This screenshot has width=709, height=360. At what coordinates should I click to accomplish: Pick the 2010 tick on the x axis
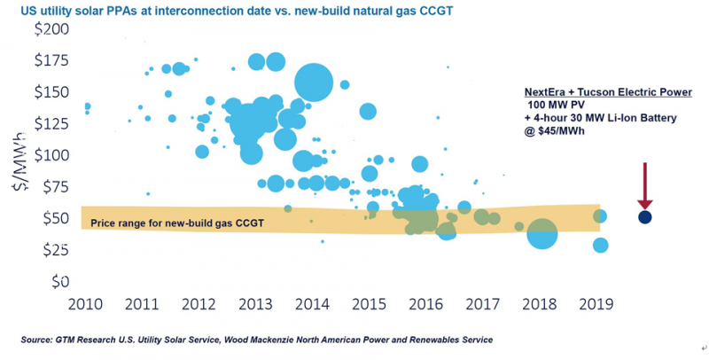pos(87,304)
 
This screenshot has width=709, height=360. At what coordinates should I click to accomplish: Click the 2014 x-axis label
pos(313,304)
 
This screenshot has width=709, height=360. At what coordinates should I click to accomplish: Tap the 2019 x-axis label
pos(596,304)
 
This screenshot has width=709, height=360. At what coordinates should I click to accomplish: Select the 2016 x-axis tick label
pos(426,304)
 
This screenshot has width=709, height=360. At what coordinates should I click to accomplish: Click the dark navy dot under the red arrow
pos(644,216)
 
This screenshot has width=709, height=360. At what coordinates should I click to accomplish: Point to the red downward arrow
pos(644,184)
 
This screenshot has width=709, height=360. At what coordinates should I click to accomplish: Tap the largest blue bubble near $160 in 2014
pos(314,83)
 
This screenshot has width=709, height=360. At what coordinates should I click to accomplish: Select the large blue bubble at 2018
pos(541,234)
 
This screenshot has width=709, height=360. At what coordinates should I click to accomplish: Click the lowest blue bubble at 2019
pos(600,245)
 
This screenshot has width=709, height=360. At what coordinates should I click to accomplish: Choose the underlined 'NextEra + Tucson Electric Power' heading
pos(607,92)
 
